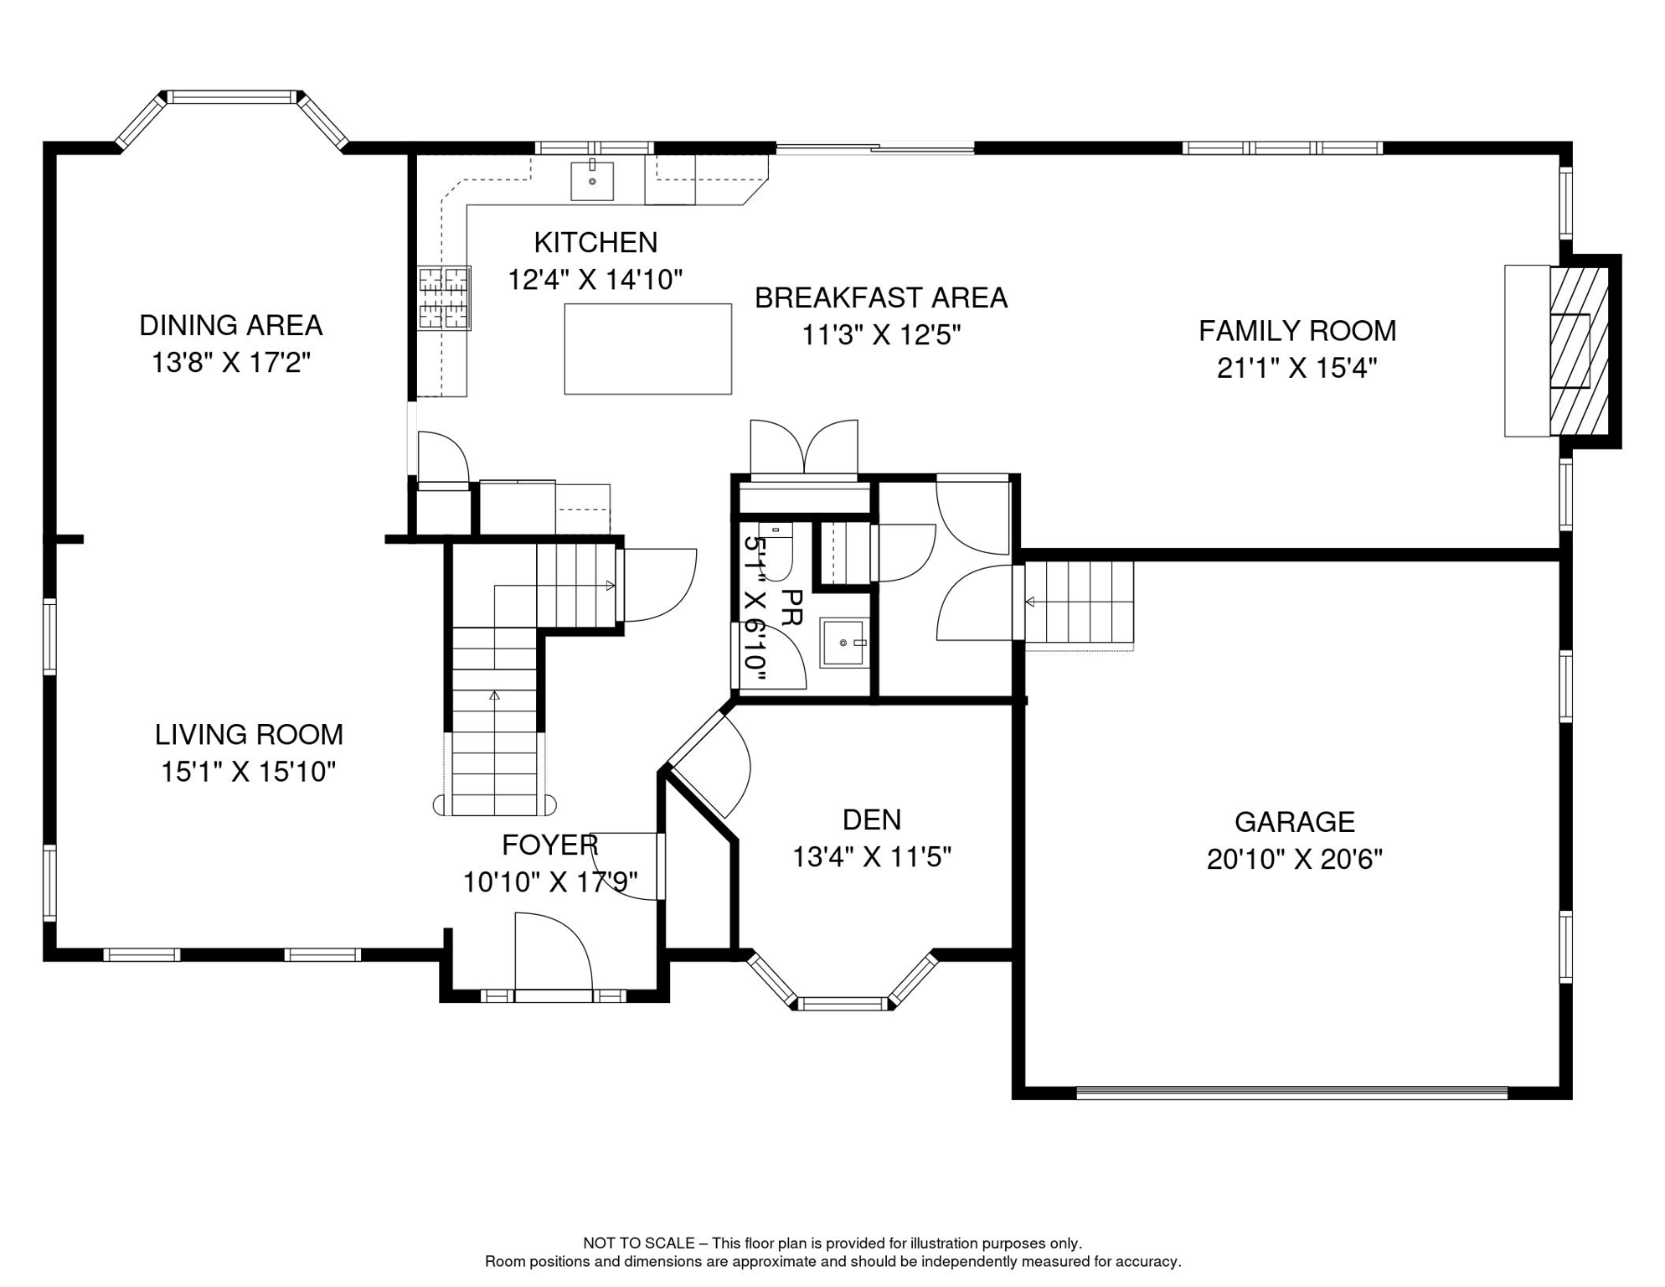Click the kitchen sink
tap(592, 181)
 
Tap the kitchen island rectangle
tap(648, 349)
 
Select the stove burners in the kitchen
tap(444, 297)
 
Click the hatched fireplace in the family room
tap(1580, 351)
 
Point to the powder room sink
tap(844, 643)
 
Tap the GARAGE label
tap(1295, 822)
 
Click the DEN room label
tap(872, 819)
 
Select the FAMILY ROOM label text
tap(1297, 331)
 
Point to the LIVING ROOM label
tap(249, 735)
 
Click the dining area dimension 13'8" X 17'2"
tap(231, 363)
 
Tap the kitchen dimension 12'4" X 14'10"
tap(595, 279)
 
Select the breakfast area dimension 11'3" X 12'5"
tap(881, 335)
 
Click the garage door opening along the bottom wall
tap(1291, 1093)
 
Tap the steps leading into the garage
tap(1080, 602)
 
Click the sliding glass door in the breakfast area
tap(875, 149)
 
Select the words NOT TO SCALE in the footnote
tap(639, 1243)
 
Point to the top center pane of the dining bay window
tap(232, 97)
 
